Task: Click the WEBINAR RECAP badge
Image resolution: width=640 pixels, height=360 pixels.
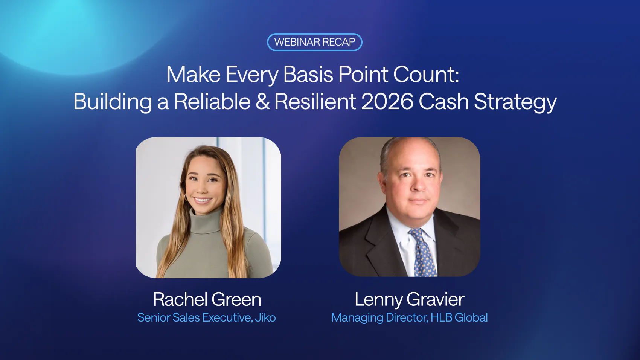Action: pos(315,42)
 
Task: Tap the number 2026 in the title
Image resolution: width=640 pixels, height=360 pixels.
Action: pos(387,101)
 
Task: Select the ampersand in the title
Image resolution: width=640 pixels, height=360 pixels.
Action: pos(262,101)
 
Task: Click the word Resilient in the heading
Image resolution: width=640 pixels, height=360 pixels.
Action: pos(315,101)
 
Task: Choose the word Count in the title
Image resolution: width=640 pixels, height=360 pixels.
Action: pos(426,75)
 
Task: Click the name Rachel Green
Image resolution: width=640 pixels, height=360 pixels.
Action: pos(207,299)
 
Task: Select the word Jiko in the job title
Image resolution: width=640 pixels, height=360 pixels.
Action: pos(265,318)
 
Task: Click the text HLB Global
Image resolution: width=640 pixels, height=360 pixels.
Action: pos(459,318)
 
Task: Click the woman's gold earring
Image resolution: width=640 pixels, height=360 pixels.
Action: pos(186,197)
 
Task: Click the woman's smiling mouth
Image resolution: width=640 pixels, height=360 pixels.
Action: pos(203,200)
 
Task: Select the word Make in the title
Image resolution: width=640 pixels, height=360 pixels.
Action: pos(194,75)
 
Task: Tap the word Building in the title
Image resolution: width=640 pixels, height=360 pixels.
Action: pos(113,102)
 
